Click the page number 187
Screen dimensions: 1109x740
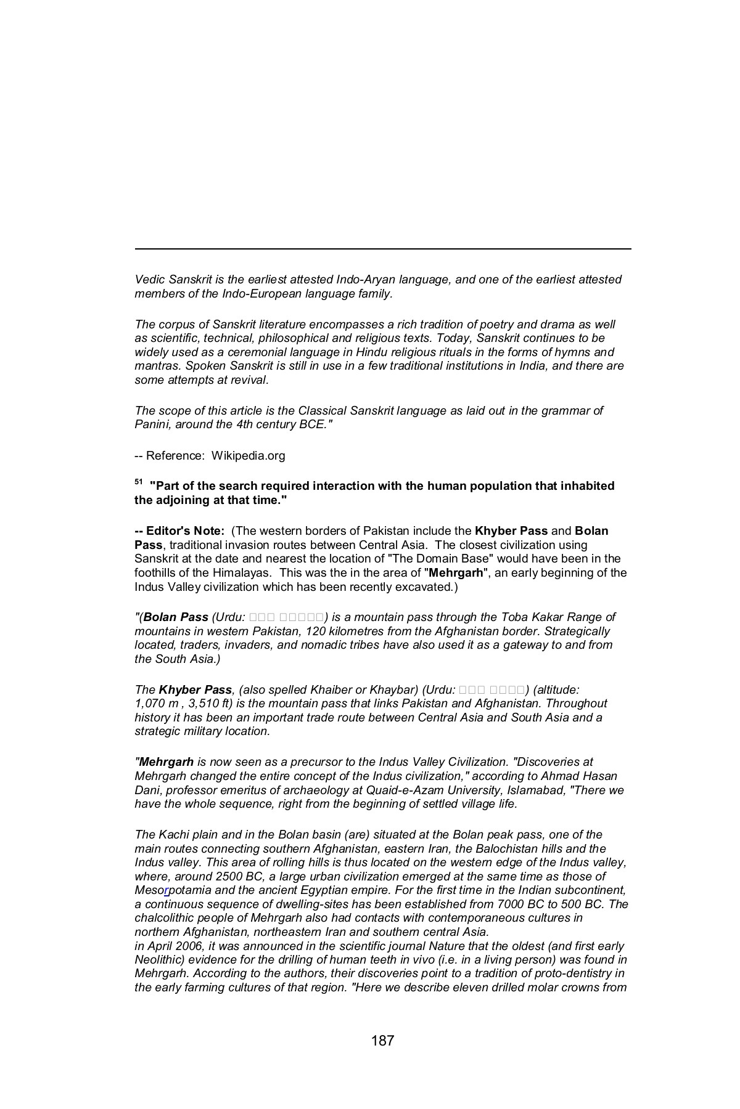point(382,1041)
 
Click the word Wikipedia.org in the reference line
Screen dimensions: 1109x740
point(249,456)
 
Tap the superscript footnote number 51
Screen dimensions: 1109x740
point(138,483)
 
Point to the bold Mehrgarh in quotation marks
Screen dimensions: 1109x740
point(455,573)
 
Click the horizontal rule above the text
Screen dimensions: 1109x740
point(382,249)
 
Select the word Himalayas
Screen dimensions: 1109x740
point(236,573)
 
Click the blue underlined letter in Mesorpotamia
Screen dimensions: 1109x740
point(166,891)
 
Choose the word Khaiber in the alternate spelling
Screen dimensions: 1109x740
point(319,689)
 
